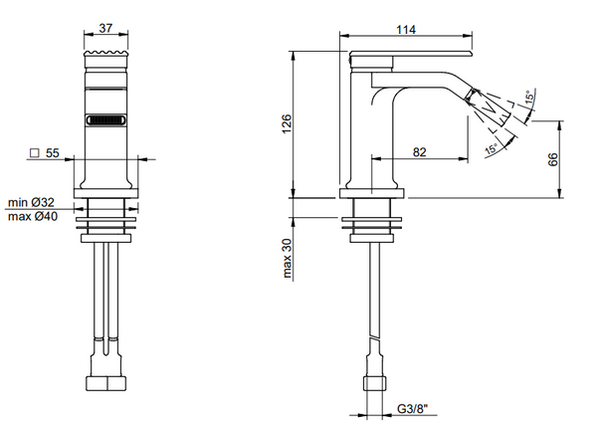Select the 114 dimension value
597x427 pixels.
point(405,31)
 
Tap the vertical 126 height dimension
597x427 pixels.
point(286,123)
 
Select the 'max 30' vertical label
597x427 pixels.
point(286,258)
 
